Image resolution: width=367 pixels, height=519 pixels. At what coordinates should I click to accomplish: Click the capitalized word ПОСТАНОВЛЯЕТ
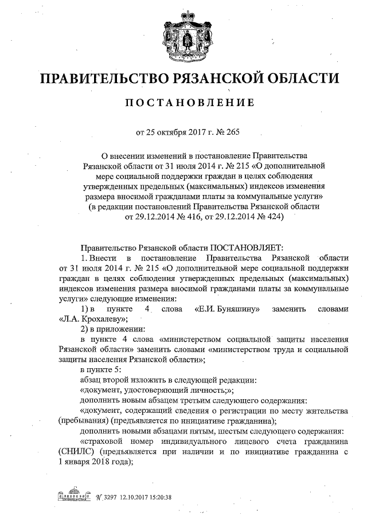[x=247, y=247]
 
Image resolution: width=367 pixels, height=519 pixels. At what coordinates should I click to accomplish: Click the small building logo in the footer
[x=73, y=496]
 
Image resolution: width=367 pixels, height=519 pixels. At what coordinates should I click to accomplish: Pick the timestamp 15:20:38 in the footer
[x=161, y=497]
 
